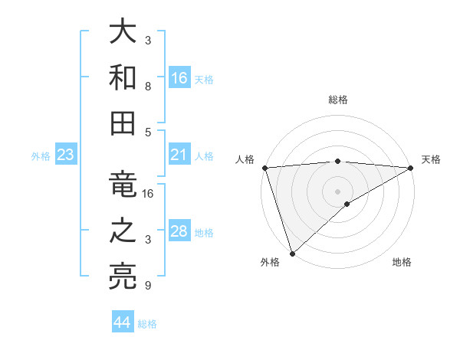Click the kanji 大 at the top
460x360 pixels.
coord(123,32)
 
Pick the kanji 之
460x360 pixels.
coord(123,231)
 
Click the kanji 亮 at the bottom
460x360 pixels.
coord(123,275)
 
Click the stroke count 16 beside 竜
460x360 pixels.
coord(148,194)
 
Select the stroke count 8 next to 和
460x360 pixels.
coord(148,86)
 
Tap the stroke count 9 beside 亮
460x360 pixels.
coord(148,286)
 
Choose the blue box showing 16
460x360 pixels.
coord(179,77)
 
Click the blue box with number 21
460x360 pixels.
coord(179,155)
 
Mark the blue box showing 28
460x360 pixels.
coord(179,231)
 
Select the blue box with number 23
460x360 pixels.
coord(66,155)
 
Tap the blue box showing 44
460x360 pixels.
coord(122,322)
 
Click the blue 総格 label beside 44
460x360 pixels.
coord(147,324)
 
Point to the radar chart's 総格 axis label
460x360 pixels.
coord(338,100)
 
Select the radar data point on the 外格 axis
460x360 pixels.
coord(292,254)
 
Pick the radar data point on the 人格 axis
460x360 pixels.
coord(264,167)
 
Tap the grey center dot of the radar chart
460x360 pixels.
coord(338,191)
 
